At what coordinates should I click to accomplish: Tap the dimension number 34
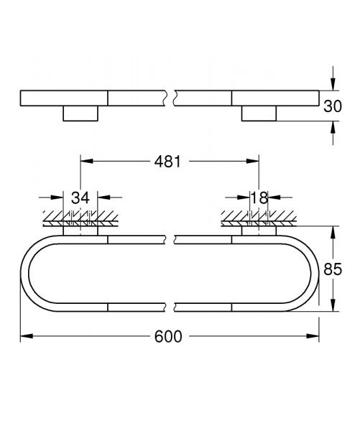(x=80, y=198)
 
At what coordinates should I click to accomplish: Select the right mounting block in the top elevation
(x=258, y=113)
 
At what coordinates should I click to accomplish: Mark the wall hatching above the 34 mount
(x=75, y=215)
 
